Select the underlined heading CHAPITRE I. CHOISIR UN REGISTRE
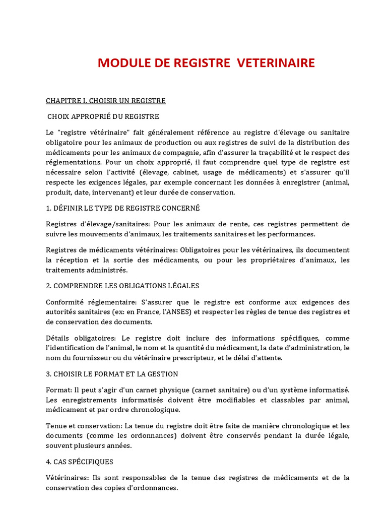106,101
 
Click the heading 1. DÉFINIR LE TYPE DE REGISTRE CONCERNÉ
122,208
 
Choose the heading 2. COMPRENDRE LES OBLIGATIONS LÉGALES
122,286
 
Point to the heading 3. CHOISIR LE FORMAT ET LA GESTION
112,374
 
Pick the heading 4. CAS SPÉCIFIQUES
80,462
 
